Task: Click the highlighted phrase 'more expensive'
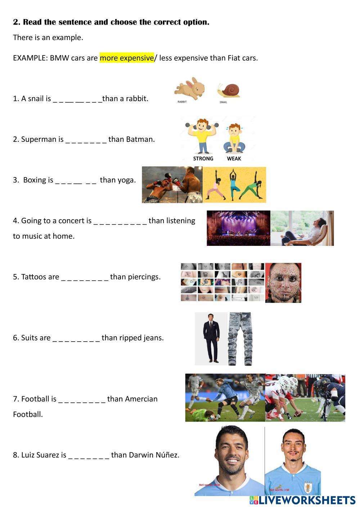point(127,58)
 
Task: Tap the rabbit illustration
point(190,88)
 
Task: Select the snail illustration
point(229,90)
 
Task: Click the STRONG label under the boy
point(203,158)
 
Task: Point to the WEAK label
point(234,158)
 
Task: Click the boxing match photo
point(172,185)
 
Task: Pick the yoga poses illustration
point(234,185)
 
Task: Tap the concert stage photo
point(238,228)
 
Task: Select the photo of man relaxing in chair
point(302,228)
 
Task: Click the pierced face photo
point(283,283)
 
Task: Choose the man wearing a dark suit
point(211,338)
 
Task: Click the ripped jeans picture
point(240,339)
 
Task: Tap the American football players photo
point(305,397)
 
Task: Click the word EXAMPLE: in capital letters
point(30,58)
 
